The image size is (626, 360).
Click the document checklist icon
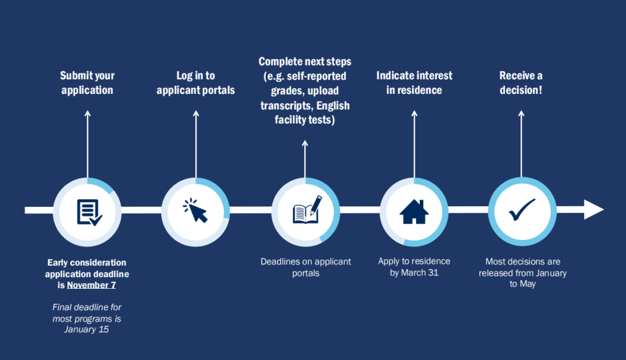88,212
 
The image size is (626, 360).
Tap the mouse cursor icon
196,211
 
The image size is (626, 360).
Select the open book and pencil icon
305,210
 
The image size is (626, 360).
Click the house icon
414,212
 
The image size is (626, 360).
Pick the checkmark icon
522,210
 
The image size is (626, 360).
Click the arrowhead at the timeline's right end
594,209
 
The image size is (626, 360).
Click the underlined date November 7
92,285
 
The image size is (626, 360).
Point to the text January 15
87,329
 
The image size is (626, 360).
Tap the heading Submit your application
88,82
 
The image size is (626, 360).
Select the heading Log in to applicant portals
196,82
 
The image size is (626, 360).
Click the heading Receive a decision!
521,82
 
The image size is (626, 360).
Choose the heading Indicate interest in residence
414,82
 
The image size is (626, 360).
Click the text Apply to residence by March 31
414,267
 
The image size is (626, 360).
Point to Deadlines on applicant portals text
305,267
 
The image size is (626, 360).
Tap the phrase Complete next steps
305,61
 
